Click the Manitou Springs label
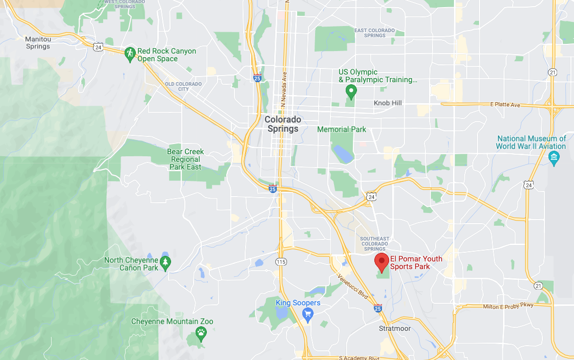click(38, 42)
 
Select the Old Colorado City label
click(183, 86)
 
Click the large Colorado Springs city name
click(283, 124)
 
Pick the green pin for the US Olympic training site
click(351, 92)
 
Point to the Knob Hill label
click(388, 103)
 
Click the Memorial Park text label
click(342, 130)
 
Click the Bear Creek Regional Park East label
click(185, 159)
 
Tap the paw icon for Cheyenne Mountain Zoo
click(201, 334)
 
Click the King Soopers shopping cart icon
click(307, 315)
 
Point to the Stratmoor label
click(395, 328)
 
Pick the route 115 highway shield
click(280, 261)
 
